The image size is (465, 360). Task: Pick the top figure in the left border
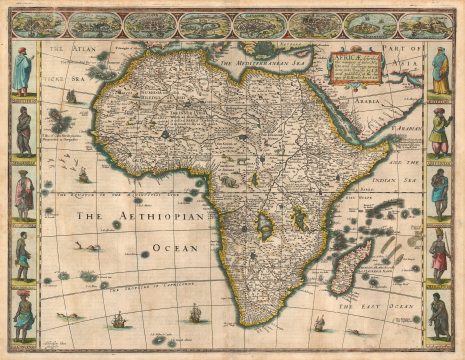tap(23, 70)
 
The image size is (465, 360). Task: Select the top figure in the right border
tap(440, 70)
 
